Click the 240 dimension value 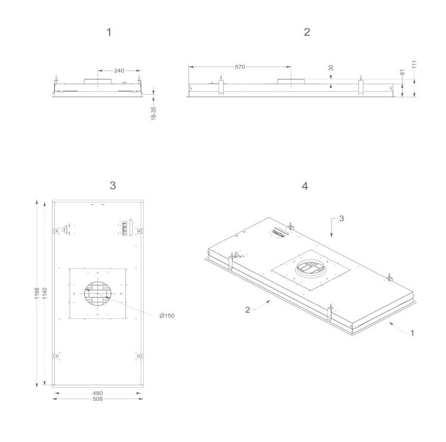point(119,70)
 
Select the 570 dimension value point(240,67)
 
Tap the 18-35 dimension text point(154,113)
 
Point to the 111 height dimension point(414,64)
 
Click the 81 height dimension point(402,72)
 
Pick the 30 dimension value point(331,68)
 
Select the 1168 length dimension point(37,293)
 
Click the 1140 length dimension point(45,293)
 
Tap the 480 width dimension point(98,393)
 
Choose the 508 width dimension point(98,399)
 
